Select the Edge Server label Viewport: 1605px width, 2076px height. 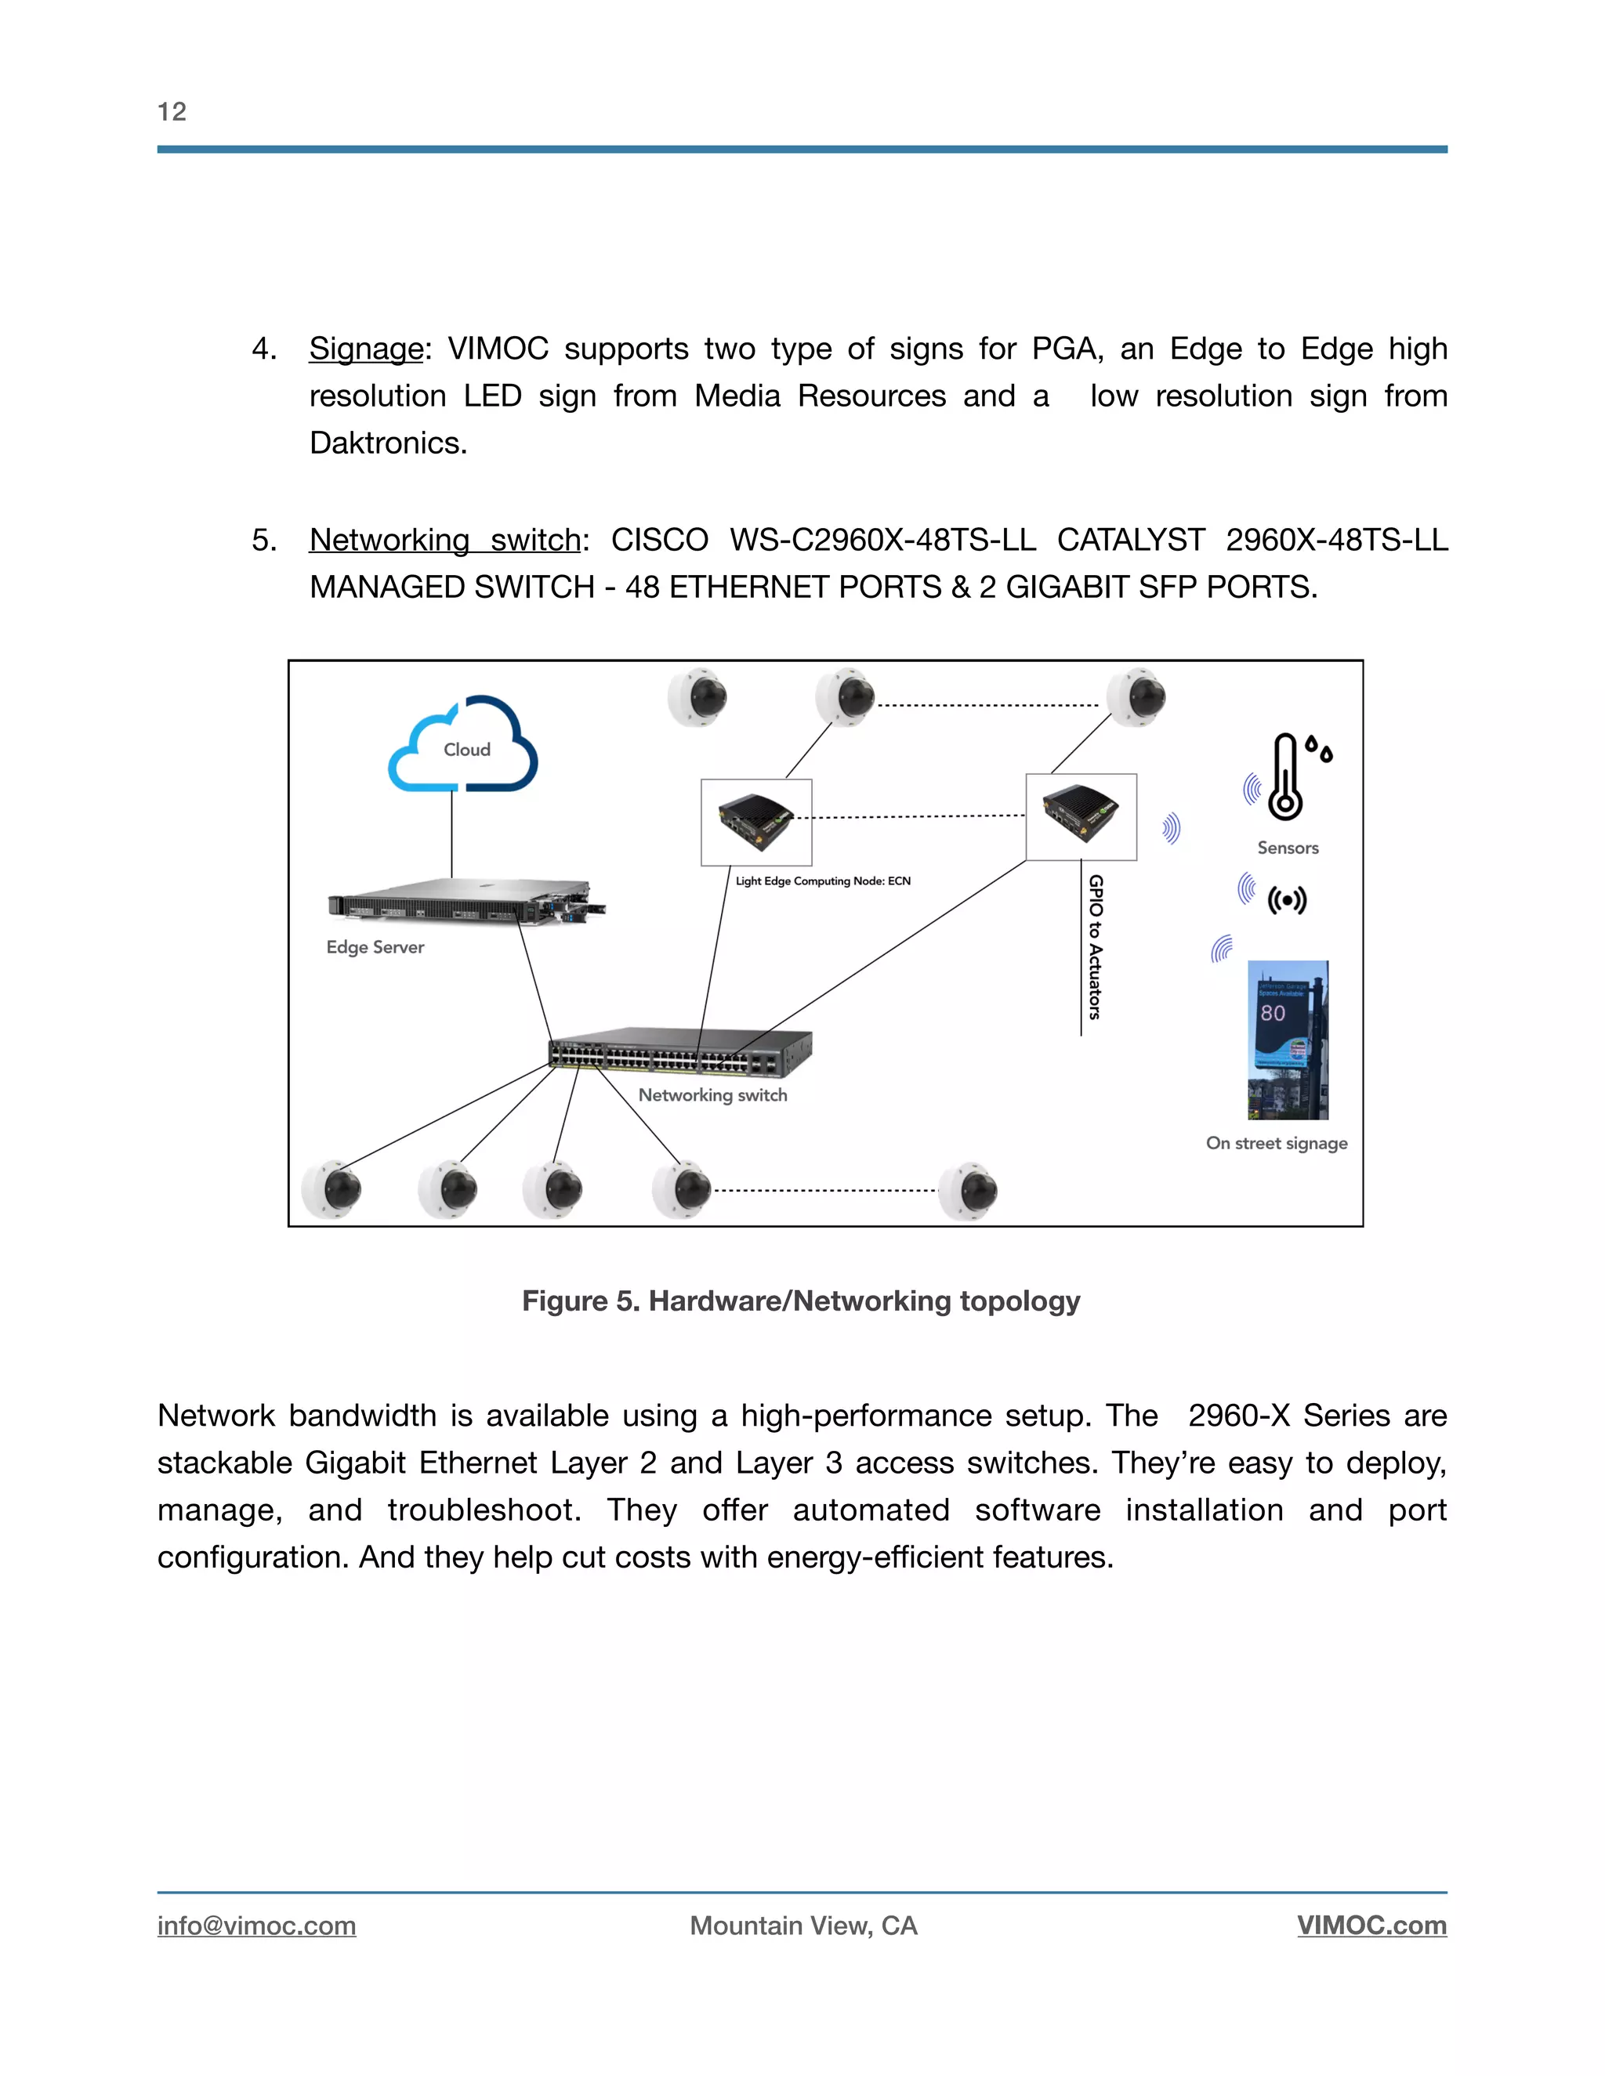pos(375,948)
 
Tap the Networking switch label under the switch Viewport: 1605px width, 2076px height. pos(712,1095)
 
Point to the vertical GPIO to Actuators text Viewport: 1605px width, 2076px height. pos(1096,947)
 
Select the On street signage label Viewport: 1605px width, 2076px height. pos(1276,1144)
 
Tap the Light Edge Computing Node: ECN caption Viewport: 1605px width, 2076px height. pos(822,881)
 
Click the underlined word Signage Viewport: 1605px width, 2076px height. pos(366,349)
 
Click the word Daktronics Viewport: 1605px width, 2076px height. pos(388,443)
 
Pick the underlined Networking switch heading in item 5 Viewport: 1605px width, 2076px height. pos(444,540)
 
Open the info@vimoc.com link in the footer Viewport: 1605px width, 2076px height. pos(257,1926)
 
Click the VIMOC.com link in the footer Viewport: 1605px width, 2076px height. pos(1371,1926)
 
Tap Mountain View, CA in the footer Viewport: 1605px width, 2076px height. pos(803,1926)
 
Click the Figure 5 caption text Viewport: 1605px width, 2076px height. pos(801,1301)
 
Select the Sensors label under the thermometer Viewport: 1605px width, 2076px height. pos(1288,848)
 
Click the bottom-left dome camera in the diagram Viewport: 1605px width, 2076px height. pos(332,1189)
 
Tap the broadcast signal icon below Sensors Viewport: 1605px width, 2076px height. pos(1287,899)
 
